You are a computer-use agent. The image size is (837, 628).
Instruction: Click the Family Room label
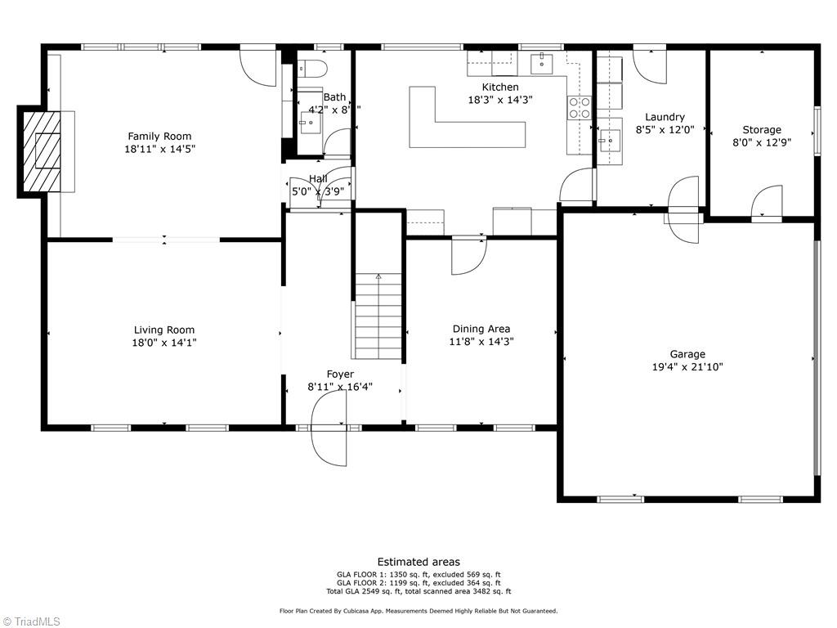tap(159, 137)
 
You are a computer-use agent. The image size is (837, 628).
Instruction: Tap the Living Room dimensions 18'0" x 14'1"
tap(163, 343)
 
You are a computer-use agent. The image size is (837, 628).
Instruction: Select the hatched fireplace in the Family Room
tap(42, 151)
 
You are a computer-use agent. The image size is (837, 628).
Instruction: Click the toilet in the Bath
tap(312, 68)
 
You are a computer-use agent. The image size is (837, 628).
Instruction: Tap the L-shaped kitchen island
tap(458, 123)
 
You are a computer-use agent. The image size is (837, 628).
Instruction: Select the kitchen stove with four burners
tap(580, 108)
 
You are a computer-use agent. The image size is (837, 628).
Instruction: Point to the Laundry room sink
tap(609, 141)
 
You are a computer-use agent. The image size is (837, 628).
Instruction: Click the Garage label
tap(687, 354)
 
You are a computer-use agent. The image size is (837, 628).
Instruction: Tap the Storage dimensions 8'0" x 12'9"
tap(761, 142)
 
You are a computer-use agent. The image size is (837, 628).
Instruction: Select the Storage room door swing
tap(767, 203)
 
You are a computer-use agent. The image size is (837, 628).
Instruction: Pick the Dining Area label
tap(481, 329)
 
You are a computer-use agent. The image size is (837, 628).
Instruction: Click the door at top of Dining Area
tap(468, 256)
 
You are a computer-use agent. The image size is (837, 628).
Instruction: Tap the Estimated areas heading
tap(418, 562)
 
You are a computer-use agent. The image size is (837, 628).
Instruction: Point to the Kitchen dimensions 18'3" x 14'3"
tap(499, 100)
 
